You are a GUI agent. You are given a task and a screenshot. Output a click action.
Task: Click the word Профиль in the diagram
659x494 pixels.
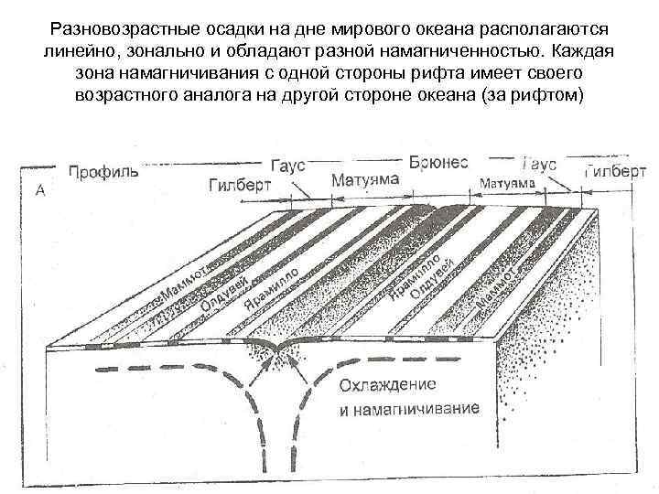103,171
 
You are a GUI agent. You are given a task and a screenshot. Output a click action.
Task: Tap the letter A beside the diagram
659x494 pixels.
40,190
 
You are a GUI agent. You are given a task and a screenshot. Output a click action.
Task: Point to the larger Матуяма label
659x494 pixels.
364,179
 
